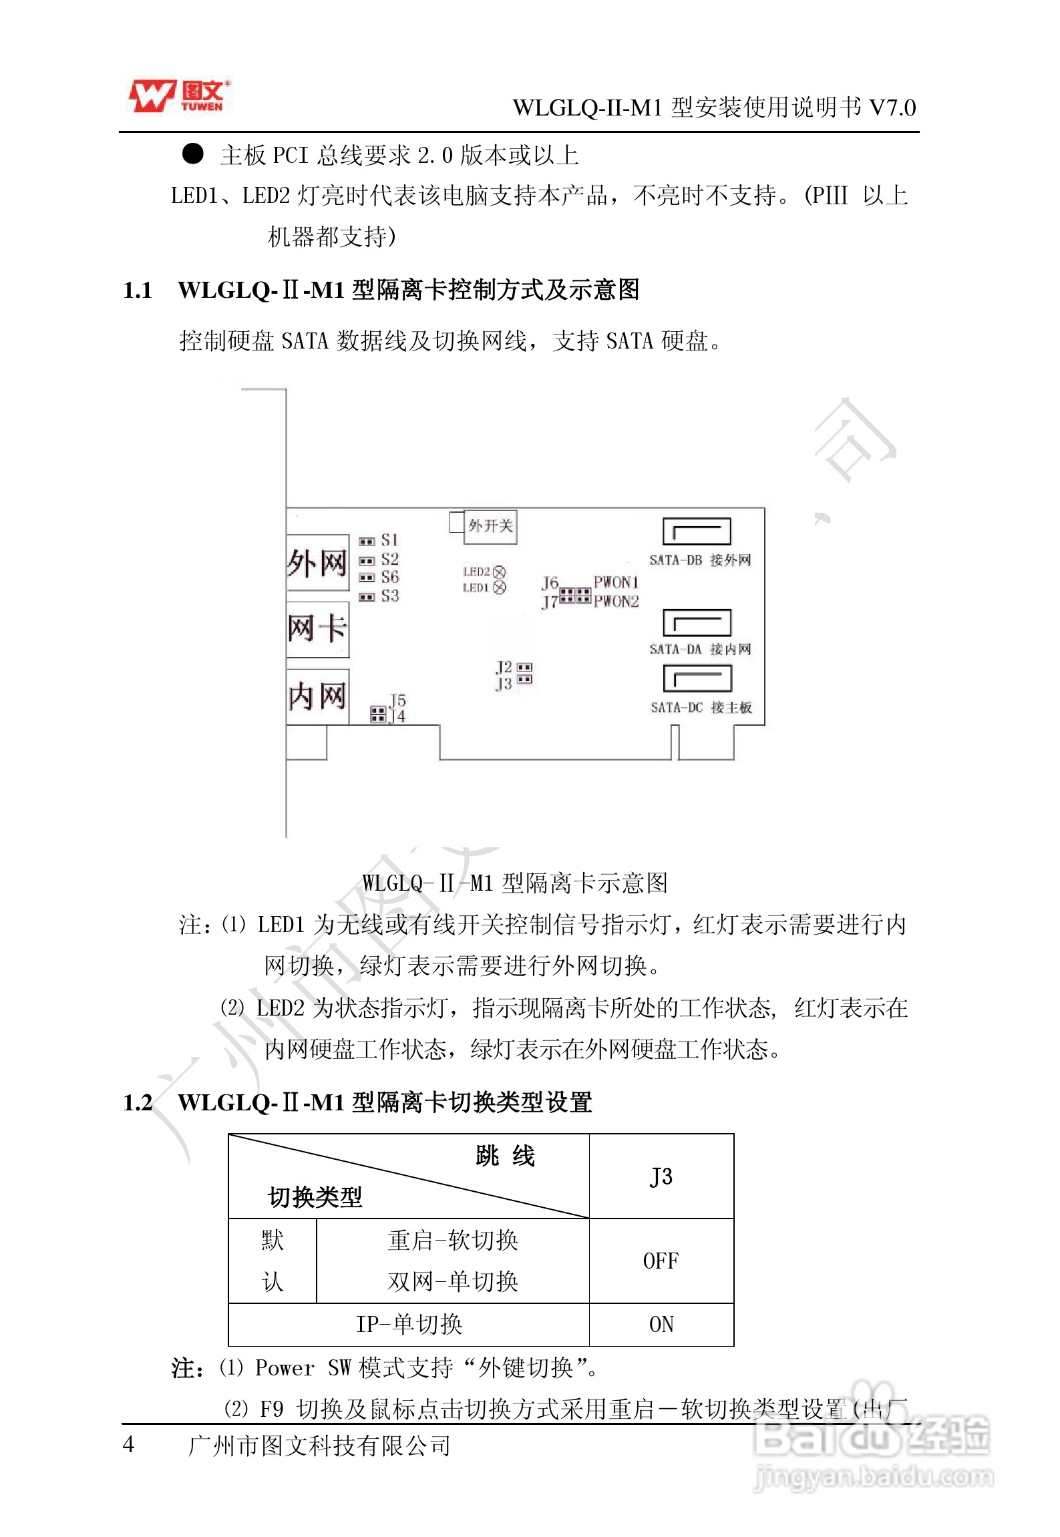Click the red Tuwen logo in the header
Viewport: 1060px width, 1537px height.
pyautogui.click(x=179, y=95)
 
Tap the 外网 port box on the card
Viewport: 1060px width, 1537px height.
pyautogui.click(x=317, y=563)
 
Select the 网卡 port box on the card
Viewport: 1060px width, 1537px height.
pyautogui.click(x=317, y=628)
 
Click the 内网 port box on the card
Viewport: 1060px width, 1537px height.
pyautogui.click(x=317, y=696)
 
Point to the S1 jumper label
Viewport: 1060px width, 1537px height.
pyautogui.click(x=389, y=540)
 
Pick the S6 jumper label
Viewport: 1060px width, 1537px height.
pyautogui.click(x=389, y=578)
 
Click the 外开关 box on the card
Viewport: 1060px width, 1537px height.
pyautogui.click(x=490, y=526)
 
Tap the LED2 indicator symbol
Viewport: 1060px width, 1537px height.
pyautogui.click(x=500, y=572)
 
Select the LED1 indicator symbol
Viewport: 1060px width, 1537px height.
pyautogui.click(x=500, y=588)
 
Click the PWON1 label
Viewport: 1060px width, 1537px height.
pyautogui.click(x=616, y=582)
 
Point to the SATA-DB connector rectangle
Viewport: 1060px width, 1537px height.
pyautogui.click(x=697, y=531)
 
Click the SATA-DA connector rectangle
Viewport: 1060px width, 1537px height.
pyautogui.click(x=697, y=623)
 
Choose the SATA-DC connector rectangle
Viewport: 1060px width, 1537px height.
pyautogui.click(x=697, y=679)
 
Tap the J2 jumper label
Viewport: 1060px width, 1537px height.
pyautogui.click(x=504, y=667)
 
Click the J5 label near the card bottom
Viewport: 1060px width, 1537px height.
pyautogui.click(x=398, y=700)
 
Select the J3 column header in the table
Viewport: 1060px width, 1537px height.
pyautogui.click(x=661, y=1176)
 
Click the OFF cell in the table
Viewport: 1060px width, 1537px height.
pyautogui.click(x=661, y=1261)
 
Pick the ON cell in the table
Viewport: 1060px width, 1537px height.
pyautogui.click(x=661, y=1324)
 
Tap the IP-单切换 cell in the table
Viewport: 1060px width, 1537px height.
pyautogui.click(x=409, y=1324)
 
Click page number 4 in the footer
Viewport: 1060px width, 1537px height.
pyautogui.click(x=129, y=1445)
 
